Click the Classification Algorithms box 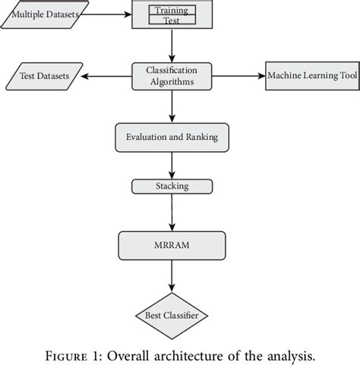click(172, 75)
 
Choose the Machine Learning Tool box click(312, 76)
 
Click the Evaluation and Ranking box click(172, 138)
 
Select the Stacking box click(172, 185)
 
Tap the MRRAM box click(172, 245)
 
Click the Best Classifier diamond click(172, 313)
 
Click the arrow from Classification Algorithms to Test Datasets click(108, 76)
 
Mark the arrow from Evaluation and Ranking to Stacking click(172, 166)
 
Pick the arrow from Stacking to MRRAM click(172, 211)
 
